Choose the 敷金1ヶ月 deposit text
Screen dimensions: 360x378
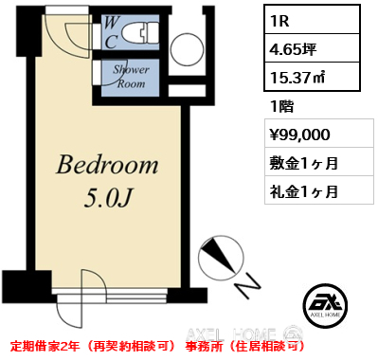point(304,163)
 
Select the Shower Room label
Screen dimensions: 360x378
point(129,76)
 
